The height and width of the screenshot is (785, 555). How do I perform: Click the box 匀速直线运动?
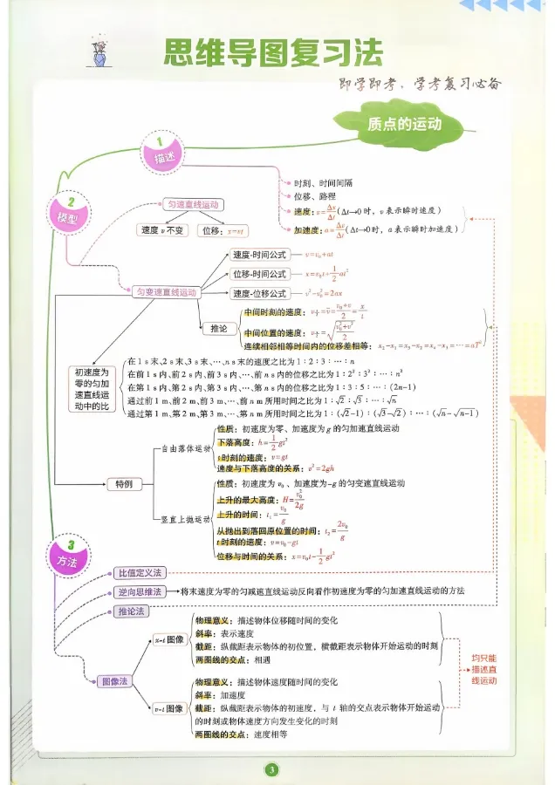(x=192, y=205)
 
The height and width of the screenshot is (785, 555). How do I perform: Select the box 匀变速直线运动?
(x=165, y=292)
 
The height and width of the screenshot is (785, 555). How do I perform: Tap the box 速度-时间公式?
(x=259, y=255)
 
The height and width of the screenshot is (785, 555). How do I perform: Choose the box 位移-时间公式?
(x=259, y=274)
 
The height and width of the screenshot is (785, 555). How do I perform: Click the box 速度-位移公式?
(x=259, y=294)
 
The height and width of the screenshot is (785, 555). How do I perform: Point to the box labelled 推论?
(x=219, y=329)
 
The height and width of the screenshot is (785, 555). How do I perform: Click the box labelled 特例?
(x=124, y=482)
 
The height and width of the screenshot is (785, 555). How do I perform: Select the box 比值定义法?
(x=140, y=573)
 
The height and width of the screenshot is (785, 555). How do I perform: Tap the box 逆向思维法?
(x=140, y=591)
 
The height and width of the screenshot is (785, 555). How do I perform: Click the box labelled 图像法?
(x=116, y=680)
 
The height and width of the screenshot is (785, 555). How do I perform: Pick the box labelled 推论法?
(x=134, y=611)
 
